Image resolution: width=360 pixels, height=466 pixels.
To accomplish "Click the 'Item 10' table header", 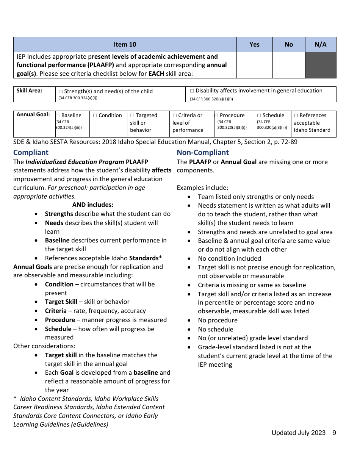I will point(125,44).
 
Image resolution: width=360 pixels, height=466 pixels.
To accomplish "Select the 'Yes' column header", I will point(254,44).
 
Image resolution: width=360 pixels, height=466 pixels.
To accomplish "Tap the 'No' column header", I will point(289,44).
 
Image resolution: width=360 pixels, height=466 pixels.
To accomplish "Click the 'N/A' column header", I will point(320,44).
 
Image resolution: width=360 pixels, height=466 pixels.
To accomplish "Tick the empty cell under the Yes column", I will point(254,65).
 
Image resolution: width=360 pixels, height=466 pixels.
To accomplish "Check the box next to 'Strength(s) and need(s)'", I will point(61,91).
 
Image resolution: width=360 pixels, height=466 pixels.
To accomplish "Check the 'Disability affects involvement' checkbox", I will point(192,91).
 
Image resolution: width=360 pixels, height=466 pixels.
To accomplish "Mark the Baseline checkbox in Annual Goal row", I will point(58,116).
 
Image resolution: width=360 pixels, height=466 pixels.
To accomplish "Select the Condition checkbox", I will point(95,116).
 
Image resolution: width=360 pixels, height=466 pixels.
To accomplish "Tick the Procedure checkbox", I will point(216,116).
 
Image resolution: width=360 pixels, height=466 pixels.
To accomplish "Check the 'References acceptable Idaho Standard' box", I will point(296,116).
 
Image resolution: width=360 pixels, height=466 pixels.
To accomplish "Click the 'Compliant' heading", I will point(31,152).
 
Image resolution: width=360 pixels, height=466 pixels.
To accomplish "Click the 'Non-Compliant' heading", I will point(203,152).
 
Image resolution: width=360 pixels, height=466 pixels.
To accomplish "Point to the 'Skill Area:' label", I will point(29,91).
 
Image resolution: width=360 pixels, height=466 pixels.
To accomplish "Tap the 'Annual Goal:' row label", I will point(33,114).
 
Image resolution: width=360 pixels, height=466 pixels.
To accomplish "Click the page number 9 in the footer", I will point(334,433).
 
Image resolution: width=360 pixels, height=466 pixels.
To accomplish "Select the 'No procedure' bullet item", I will point(218,320).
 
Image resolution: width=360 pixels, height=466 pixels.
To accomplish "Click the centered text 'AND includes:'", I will point(92,205).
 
